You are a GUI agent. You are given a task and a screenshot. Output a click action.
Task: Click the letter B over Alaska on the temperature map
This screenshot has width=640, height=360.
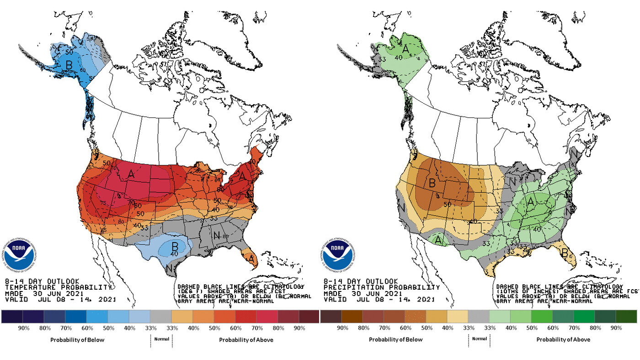click(69, 65)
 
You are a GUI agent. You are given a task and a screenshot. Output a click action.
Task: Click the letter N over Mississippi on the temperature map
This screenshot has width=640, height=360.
click(217, 236)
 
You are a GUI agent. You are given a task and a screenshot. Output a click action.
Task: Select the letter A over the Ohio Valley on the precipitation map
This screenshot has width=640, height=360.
click(531, 201)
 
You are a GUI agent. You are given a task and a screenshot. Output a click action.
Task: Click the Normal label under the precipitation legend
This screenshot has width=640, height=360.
click(479, 339)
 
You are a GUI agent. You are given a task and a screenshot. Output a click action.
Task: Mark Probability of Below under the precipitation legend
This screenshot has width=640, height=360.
click(395, 339)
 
